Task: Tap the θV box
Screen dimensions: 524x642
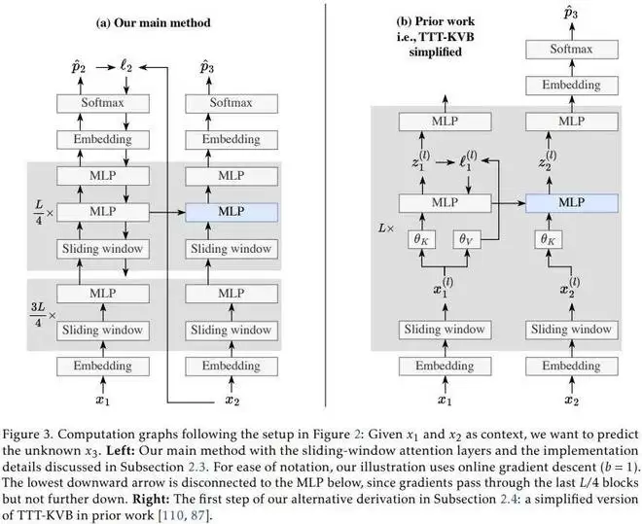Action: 466,238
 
